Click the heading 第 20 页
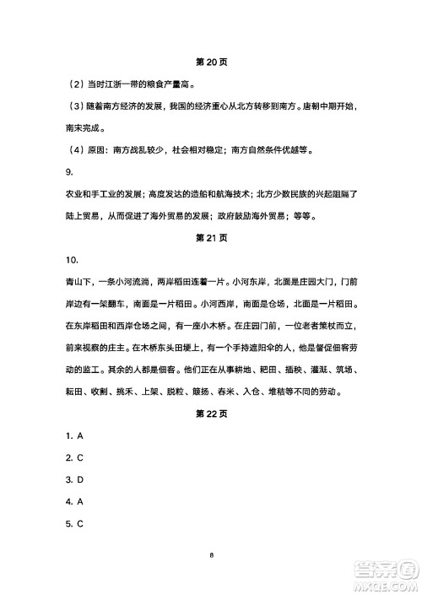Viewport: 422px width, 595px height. (211, 62)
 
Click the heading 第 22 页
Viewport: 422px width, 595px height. (211, 414)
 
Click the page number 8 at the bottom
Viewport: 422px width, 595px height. (211, 554)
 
